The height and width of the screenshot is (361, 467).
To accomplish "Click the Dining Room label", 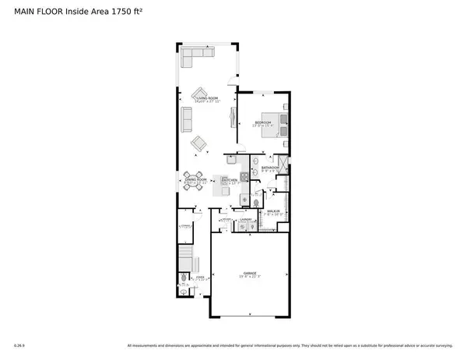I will click(x=195, y=180).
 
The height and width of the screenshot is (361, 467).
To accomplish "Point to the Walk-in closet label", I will click(x=274, y=211).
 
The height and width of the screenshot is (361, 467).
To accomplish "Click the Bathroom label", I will click(x=270, y=168).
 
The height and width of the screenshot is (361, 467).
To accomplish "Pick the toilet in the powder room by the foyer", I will click(x=184, y=278).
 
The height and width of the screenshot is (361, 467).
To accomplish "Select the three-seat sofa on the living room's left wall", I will click(x=186, y=119).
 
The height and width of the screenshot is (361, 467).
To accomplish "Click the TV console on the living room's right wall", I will click(x=233, y=117).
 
